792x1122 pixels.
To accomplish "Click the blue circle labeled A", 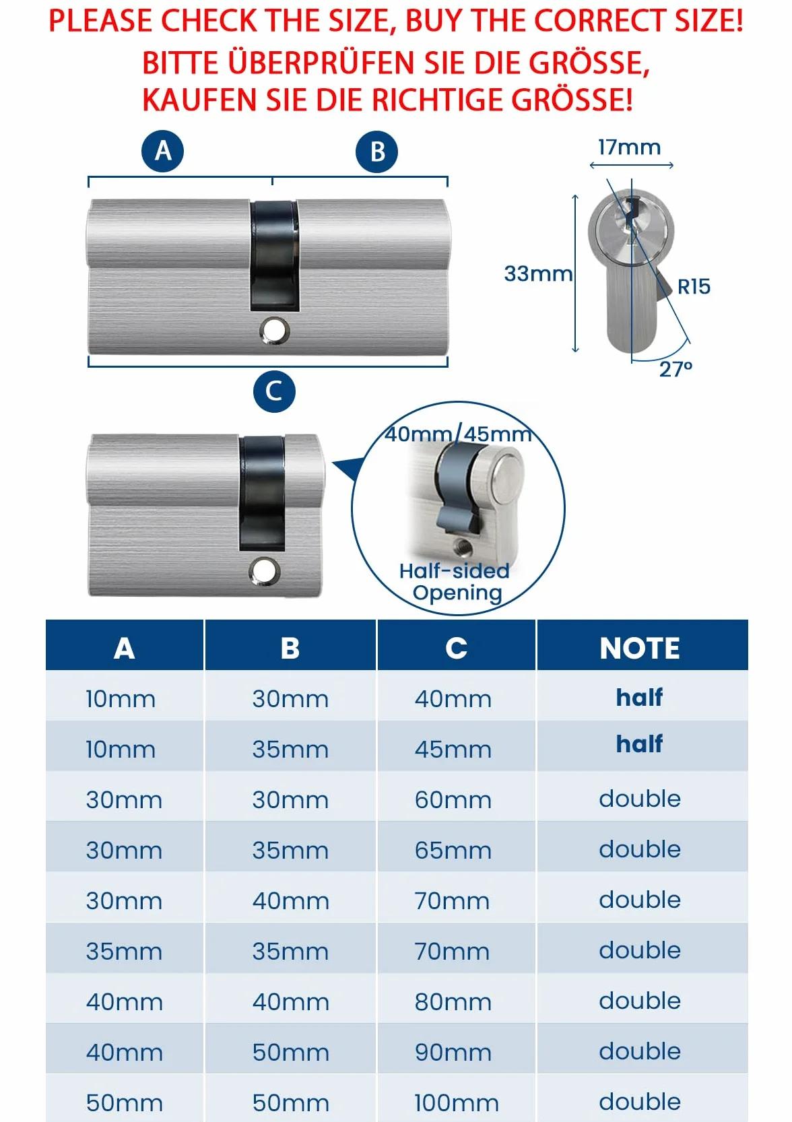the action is coord(162,152).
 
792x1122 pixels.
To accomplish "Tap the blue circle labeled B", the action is coord(376,152).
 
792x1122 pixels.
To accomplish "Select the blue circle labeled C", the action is coord(274,391).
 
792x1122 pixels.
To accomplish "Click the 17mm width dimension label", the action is coord(629,147).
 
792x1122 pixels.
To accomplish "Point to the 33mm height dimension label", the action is coord(538,274).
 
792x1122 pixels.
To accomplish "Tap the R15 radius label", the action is coord(694,287).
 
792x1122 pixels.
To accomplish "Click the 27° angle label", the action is coord(675,369).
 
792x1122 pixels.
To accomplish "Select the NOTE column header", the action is coord(640,648).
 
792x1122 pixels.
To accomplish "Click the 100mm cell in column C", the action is coord(457,1102).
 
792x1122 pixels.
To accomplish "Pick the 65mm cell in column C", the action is coord(453,850).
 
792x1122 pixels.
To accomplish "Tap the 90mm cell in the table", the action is coord(453,1052).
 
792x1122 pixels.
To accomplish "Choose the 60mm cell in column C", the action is coord(453,799).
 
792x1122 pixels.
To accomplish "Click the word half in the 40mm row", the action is coord(639,697).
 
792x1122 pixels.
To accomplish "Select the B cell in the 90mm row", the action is coord(290,1052).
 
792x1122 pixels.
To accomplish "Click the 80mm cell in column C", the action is coord(453,1001).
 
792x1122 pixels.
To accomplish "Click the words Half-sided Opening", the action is coord(455,582).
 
